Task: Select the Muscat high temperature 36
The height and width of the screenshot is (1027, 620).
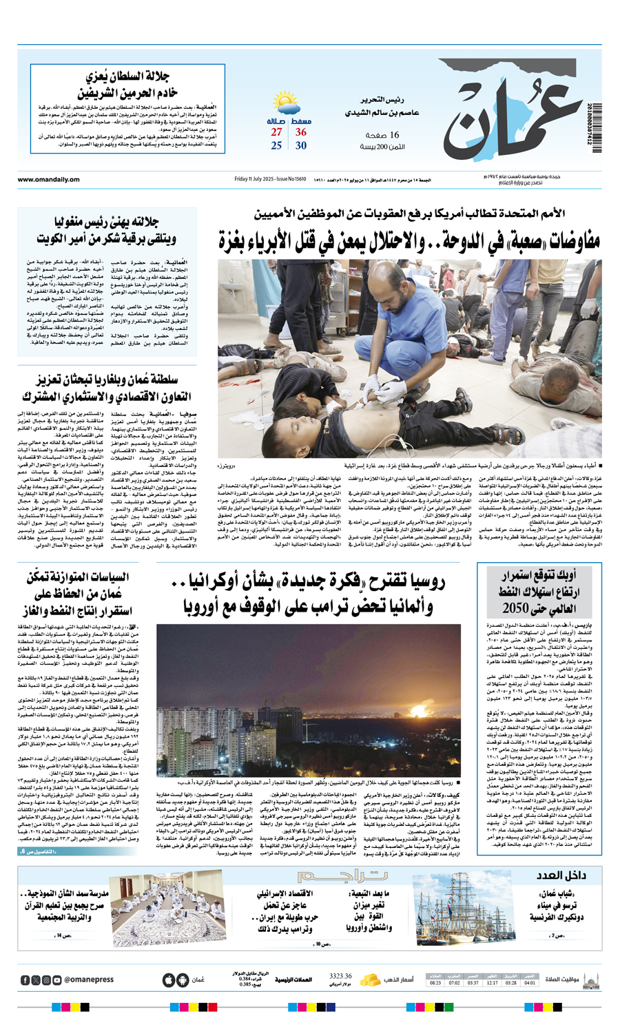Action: pos(301,132)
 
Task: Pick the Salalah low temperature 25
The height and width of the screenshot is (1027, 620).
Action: pos(276,145)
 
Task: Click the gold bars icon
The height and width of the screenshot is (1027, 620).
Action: pos(371,979)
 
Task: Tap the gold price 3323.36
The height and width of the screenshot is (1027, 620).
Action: pos(340,976)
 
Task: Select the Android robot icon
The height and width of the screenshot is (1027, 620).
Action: pos(183,979)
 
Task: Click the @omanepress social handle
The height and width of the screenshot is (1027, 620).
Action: pos(90,979)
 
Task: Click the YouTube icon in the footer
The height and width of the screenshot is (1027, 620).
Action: pos(57,979)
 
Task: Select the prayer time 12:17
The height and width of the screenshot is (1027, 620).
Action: pos(492,983)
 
